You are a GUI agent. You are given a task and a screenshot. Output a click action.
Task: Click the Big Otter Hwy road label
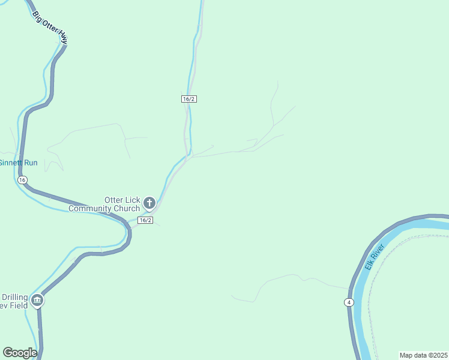pyautogui.click(x=50, y=27)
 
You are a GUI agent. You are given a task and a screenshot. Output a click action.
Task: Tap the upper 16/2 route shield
pyautogui.click(x=189, y=98)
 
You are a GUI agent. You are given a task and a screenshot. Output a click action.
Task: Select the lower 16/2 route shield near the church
pyautogui.click(x=145, y=220)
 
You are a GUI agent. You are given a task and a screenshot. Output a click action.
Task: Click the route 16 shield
pyautogui.click(x=22, y=180)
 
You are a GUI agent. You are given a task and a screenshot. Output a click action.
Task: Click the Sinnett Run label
pyautogui.click(x=18, y=163)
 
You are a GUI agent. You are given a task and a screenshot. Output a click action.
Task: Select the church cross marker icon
pyautogui.click(x=149, y=203)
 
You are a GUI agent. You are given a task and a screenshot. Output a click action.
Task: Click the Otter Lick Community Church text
pyautogui.click(x=105, y=204)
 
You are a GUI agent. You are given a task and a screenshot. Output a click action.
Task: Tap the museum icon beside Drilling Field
pyautogui.click(x=37, y=300)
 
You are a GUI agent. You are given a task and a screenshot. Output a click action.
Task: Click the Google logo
pyautogui.click(x=20, y=353)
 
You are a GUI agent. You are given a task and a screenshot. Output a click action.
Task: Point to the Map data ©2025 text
pyautogui.click(x=423, y=355)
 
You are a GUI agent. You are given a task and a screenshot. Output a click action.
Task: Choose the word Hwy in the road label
pyautogui.click(x=62, y=38)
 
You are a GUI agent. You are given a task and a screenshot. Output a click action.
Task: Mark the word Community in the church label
pyautogui.click(x=90, y=209)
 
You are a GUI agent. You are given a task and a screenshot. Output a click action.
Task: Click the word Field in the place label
pyautogui.click(x=18, y=305)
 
